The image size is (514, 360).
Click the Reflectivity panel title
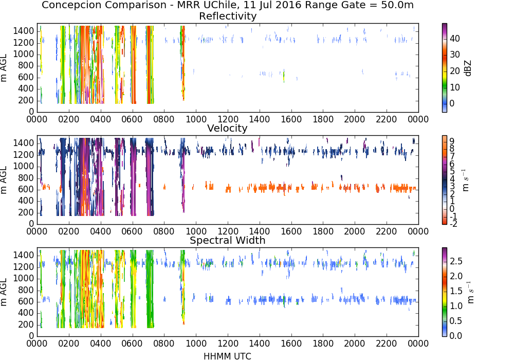[228, 16]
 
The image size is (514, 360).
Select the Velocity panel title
[227, 128]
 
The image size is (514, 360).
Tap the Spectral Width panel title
[227, 240]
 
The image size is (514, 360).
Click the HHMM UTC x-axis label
[227, 356]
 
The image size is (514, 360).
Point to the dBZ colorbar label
[468, 68]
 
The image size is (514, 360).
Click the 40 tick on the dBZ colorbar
[455, 39]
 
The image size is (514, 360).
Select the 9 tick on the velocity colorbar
[452, 141]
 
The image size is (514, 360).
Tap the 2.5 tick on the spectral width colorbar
[455, 261]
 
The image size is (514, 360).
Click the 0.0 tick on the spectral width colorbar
[455, 336]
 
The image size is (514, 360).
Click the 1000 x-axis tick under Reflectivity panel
[196, 119]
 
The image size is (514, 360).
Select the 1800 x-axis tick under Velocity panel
[323, 231]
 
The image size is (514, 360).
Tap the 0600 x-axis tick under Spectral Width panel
[132, 344]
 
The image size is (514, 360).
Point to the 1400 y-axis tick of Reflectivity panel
[24, 31]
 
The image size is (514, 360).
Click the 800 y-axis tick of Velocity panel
[26, 178]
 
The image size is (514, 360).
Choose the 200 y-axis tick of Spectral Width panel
[26, 325]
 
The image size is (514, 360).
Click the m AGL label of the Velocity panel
[4, 180]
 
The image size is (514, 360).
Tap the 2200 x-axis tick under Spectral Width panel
[387, 344]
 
